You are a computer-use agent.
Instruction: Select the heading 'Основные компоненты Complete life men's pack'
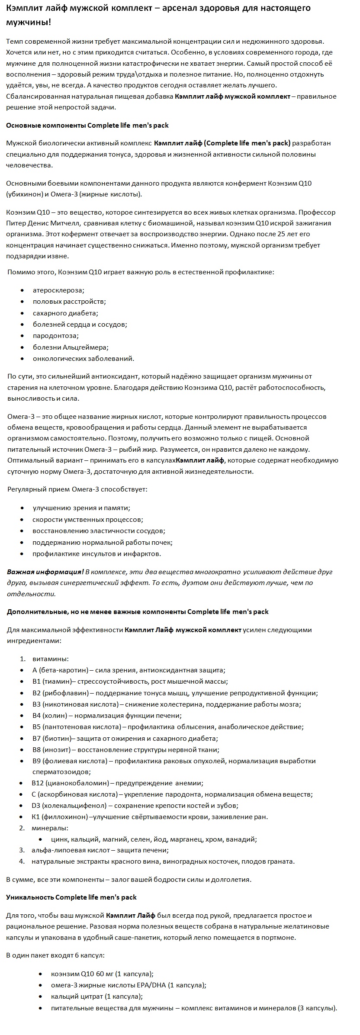[87, 125]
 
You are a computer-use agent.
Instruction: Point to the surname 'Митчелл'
[65, 223]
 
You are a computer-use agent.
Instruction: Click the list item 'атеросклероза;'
[58, 290]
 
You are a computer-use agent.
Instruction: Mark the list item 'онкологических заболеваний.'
[84, 358]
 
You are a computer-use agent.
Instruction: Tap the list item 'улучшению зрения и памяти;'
[81, 508]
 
